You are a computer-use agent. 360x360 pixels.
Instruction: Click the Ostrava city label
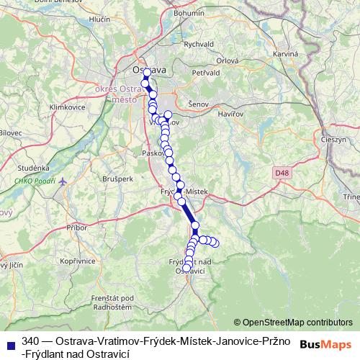[150, 69]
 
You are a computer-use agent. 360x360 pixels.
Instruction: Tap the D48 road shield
[282, 173]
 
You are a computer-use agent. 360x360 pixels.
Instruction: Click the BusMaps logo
[326, 344]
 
